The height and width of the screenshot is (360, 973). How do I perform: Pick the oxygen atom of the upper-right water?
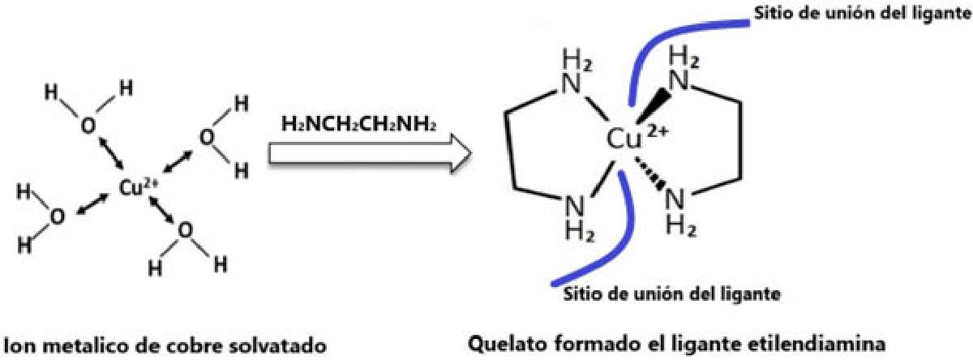[x=208, y=136]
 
